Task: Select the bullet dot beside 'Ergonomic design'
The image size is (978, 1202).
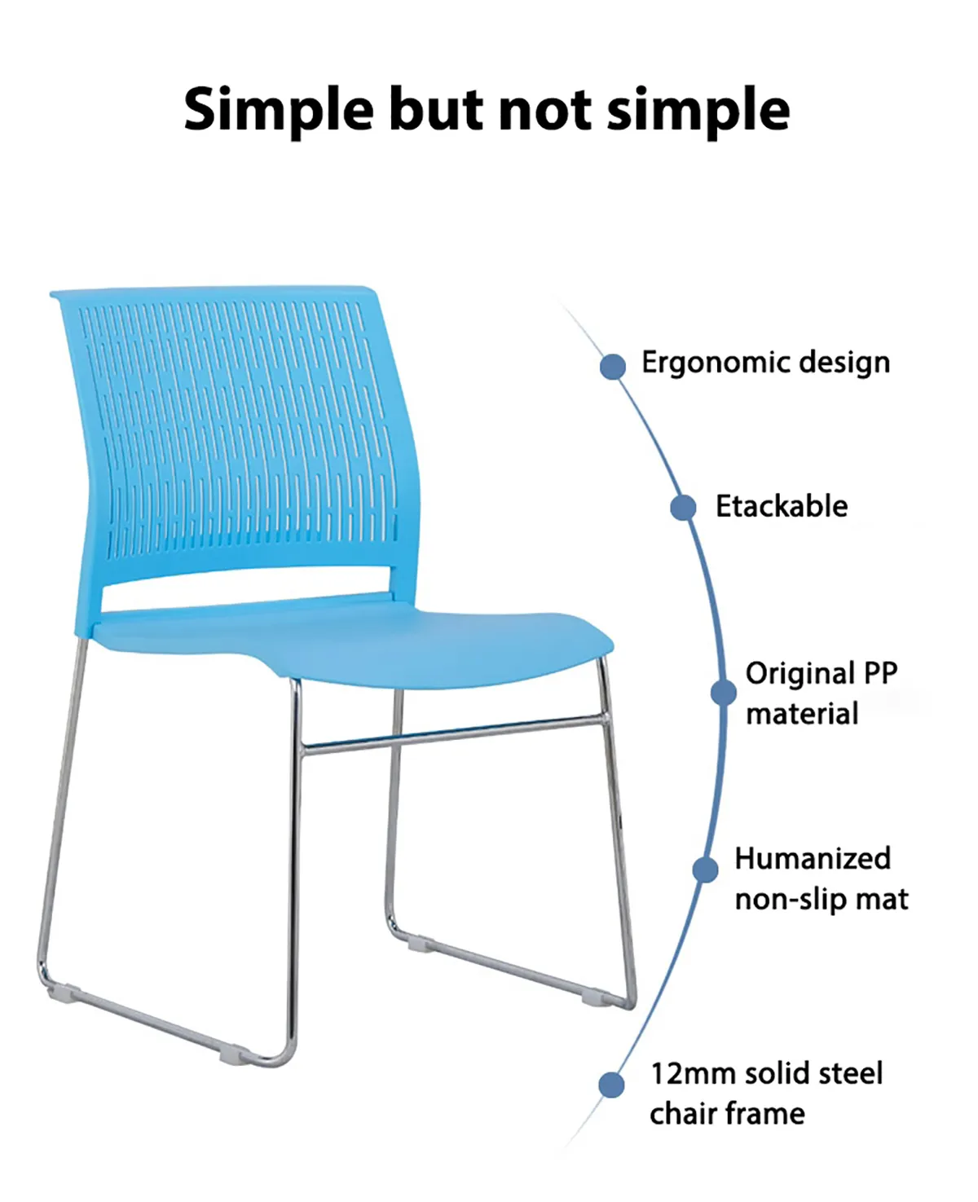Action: coord(613,367)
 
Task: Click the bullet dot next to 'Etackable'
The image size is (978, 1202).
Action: coord(684,507)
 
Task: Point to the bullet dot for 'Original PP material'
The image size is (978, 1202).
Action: coord(723,693)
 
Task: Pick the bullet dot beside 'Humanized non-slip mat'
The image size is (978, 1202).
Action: coord(706,869)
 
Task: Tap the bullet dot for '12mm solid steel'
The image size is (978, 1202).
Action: coord(612,1085)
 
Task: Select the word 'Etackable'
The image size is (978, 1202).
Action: coord(782,506)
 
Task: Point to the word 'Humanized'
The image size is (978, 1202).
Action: coord(813,858)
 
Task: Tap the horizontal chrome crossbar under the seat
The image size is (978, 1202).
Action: coord(454,733)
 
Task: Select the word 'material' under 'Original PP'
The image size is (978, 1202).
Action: coord(802,714)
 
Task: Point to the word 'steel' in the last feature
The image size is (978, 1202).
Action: coord(851,1073)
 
